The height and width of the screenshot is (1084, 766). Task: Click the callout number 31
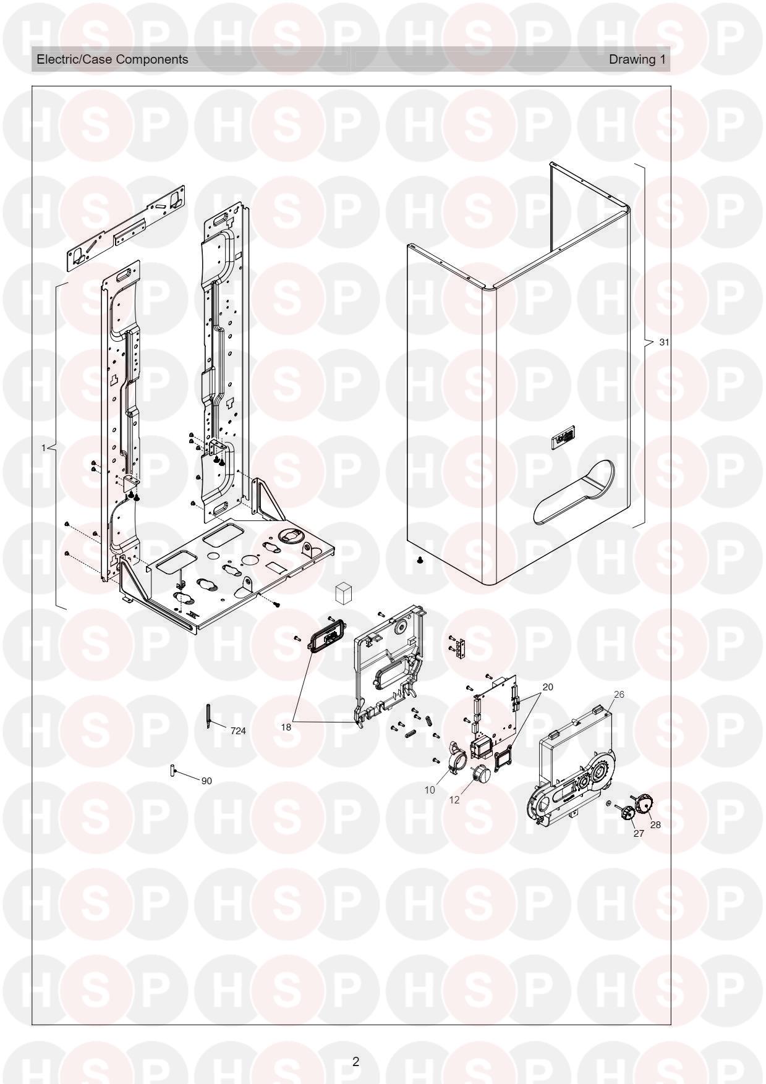(664, 342)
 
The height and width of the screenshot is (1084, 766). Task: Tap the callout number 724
(238, 731)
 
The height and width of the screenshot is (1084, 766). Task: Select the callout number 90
(206, 781)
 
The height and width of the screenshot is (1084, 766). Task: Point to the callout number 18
(286, 727)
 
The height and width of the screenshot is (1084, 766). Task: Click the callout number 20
(548, 687)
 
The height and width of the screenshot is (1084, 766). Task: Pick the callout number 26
(619, 695)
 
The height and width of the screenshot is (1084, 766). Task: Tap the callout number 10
(430, 790)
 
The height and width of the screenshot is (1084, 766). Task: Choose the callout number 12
(454, 800)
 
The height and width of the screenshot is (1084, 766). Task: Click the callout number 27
(639, 834)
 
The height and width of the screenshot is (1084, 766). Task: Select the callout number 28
(655, 825)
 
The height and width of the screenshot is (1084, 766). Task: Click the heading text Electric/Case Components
(113, 59)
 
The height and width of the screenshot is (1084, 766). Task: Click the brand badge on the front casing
(564, 440)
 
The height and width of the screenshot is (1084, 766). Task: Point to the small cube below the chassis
(343, 592)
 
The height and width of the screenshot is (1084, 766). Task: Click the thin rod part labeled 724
(209, 716)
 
